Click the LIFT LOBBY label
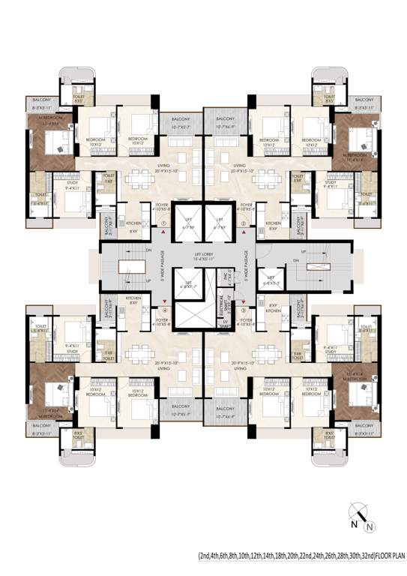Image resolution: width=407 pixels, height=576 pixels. pyautogui.click(x=203, y=256)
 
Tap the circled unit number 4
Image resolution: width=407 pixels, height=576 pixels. pyautogui.click(x=163, y=308)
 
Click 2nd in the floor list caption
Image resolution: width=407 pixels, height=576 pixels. pyautogui.click(x=205, y=556)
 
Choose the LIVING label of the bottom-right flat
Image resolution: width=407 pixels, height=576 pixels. pyautogui.click(x=240, y=367)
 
